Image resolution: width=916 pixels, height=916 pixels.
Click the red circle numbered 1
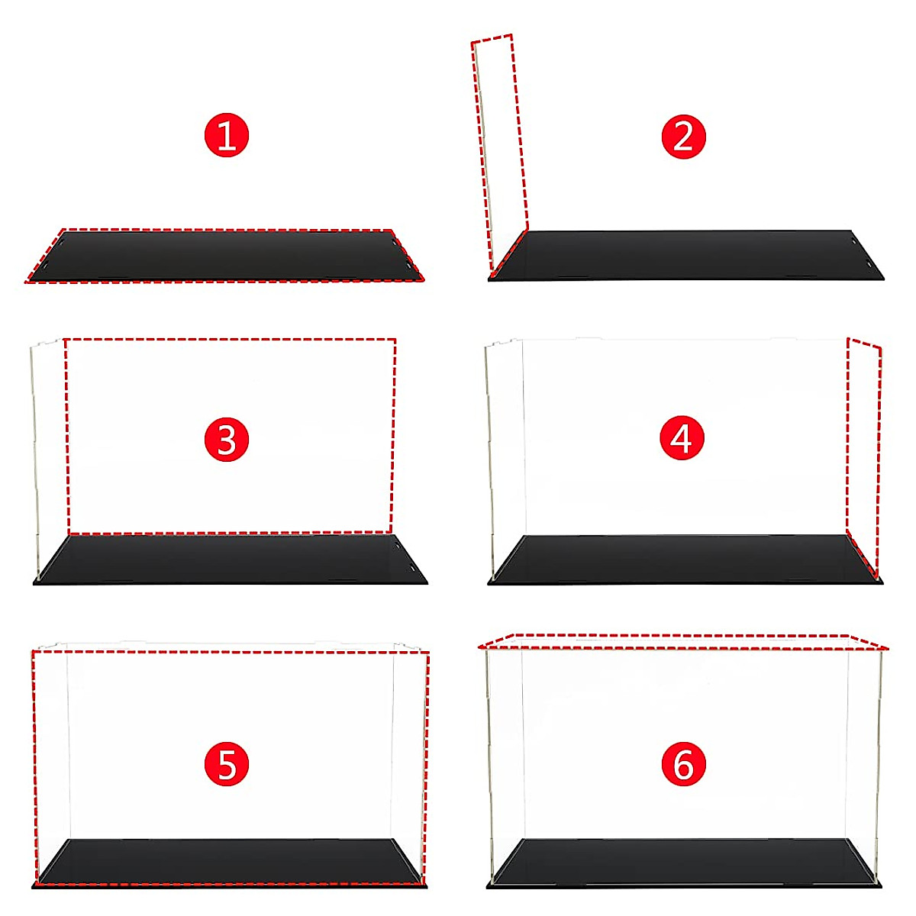tap(227, 135)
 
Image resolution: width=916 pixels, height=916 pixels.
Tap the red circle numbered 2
tap(683, 137)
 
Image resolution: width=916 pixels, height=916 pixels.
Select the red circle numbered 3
tap(227, 440)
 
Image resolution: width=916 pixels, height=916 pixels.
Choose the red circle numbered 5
tap(227, 765)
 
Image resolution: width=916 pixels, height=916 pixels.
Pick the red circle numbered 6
tap(683, 764)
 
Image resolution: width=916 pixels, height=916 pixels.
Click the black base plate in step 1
tap(225, 256)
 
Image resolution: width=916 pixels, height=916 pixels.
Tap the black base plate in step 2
tap(687, 255)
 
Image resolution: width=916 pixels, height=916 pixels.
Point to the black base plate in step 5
tap(229, 863)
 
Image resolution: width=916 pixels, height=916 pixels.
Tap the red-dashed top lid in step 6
tap(683, 642)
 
